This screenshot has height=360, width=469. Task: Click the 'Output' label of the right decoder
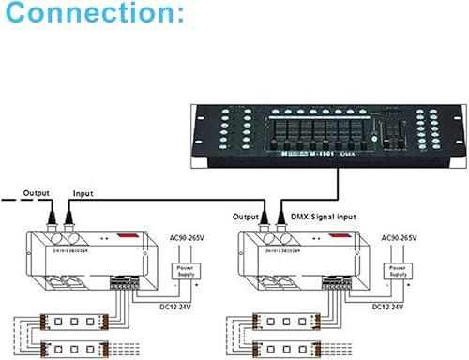(x=252, y=190)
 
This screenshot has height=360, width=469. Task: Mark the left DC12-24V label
(x=169, y=306)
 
